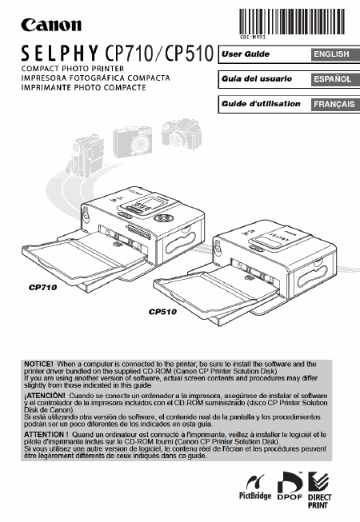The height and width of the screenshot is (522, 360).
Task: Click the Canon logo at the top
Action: (51, 25)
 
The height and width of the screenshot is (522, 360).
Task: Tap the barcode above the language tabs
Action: (291, 22)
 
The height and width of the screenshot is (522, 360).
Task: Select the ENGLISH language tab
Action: (335, 54)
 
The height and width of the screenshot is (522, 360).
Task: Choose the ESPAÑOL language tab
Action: (335, 79)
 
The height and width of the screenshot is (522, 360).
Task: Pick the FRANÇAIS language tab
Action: (335, 104)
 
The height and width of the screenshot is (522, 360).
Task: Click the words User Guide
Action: (246, 54)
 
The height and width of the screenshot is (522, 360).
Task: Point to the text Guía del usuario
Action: (257, 79)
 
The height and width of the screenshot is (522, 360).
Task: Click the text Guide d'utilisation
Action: (261, 104)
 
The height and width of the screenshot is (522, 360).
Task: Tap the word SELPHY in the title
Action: (60, 54)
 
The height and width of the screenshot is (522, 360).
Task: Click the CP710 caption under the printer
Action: (42, 287)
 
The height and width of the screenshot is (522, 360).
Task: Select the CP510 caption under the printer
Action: (162, 312)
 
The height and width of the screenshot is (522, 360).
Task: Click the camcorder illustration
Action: (86, 155)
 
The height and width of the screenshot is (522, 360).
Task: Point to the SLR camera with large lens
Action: (182, 133)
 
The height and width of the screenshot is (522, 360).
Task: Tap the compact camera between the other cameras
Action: (133, 141)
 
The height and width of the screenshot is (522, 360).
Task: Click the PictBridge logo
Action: (255, 487)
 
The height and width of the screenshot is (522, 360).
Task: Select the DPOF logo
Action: (290, 486)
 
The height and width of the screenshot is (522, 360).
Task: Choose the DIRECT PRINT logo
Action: (319, 490)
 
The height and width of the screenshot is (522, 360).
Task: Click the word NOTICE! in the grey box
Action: (38, 365)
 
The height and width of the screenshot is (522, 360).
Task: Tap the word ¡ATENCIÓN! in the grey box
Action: (45, 396)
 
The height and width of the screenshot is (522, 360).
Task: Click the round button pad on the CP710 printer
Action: (164, 218)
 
